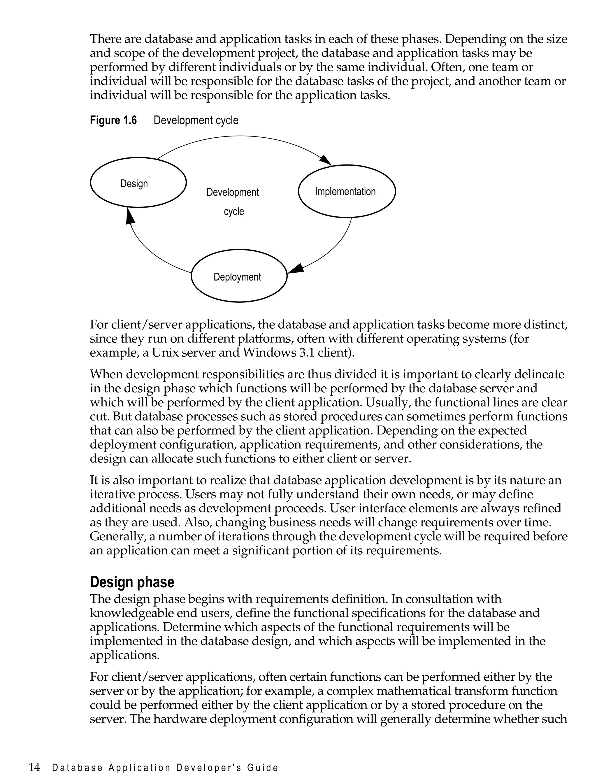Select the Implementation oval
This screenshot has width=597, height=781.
click(347, 191)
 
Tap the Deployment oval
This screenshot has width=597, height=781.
click(239, 276)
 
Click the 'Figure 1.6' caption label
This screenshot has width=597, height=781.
click(113, 120)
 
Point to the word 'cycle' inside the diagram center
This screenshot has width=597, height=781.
click(234, 211)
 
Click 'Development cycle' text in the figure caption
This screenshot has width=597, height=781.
click(196, 120)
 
